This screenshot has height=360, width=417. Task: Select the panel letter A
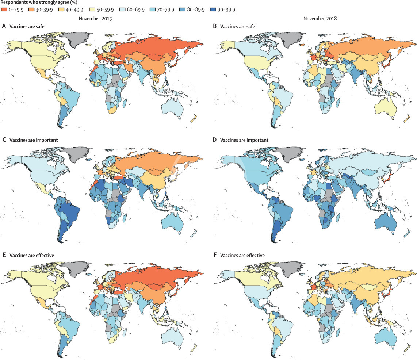click(x=4, y=26)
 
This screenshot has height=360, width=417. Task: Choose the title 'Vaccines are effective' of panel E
click(x=30, y=254)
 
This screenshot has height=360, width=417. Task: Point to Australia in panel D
click(x=387, y=219)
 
